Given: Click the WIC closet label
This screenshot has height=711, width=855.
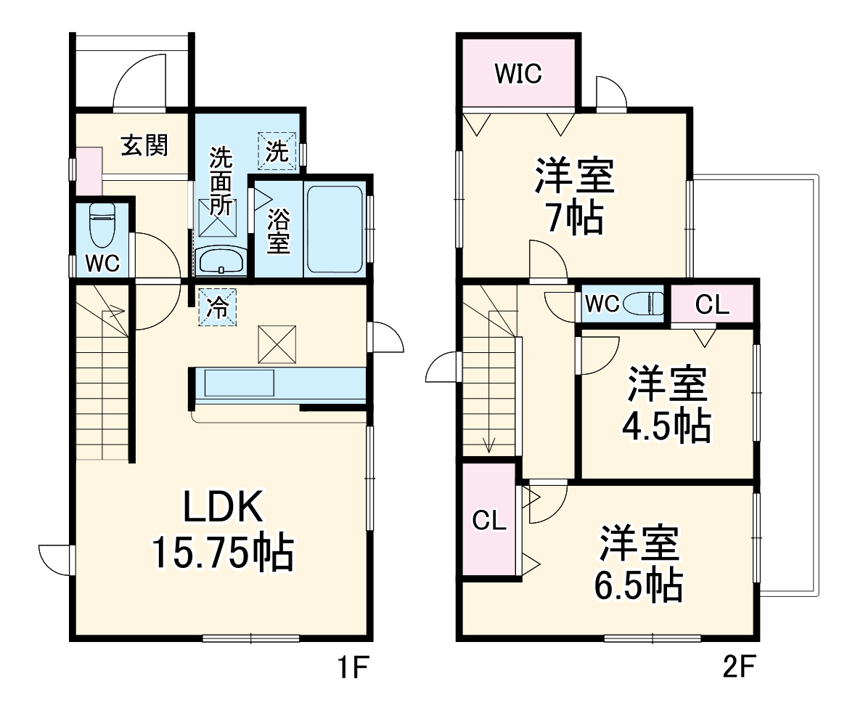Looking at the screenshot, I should coord(518,73).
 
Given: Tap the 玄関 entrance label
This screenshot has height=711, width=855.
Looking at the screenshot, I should coord(144,146).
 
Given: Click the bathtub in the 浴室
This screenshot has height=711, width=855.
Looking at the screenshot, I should coord(334,229).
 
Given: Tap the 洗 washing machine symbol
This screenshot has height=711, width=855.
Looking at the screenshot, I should coord(277,151).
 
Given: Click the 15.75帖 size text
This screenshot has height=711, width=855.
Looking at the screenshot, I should coord(221,553).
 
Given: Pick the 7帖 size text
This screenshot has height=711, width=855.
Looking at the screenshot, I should coord(575,217).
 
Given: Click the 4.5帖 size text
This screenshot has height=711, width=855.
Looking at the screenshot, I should coord(665,426).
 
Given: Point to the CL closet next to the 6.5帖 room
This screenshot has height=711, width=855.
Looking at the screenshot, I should coord(489,520).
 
